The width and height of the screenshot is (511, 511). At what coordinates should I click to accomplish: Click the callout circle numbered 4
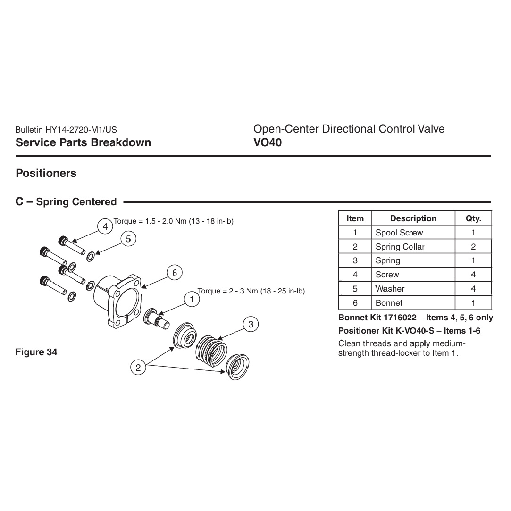coord(105,227)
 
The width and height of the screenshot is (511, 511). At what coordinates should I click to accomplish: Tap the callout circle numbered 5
coord(128,239)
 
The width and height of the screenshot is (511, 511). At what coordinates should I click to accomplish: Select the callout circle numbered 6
coord(175,273)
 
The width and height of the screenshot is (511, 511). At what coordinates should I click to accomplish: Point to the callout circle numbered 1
coord(192,300)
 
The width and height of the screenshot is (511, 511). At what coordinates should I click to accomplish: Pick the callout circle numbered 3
coord(251,324)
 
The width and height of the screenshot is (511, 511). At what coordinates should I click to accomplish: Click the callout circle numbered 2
coord(138,368)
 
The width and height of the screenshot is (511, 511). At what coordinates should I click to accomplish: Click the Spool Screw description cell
coord(399,233)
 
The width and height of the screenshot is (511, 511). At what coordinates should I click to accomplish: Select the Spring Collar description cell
coord(400,247)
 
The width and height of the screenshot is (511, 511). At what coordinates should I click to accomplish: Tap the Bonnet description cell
coord(389,303)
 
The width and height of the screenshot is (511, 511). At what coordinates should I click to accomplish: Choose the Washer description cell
coord(390,289)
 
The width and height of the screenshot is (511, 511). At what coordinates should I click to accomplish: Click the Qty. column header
coord(473,218)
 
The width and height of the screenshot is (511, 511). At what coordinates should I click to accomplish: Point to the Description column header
coord(413,218)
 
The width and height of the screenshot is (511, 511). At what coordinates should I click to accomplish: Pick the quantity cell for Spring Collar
coord(473,247)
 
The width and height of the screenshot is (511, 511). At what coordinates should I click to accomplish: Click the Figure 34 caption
coord(36,352)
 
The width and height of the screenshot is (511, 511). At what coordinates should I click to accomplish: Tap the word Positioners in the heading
coord(46,173)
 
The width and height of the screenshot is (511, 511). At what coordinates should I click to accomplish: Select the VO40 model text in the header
coord(268,142)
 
